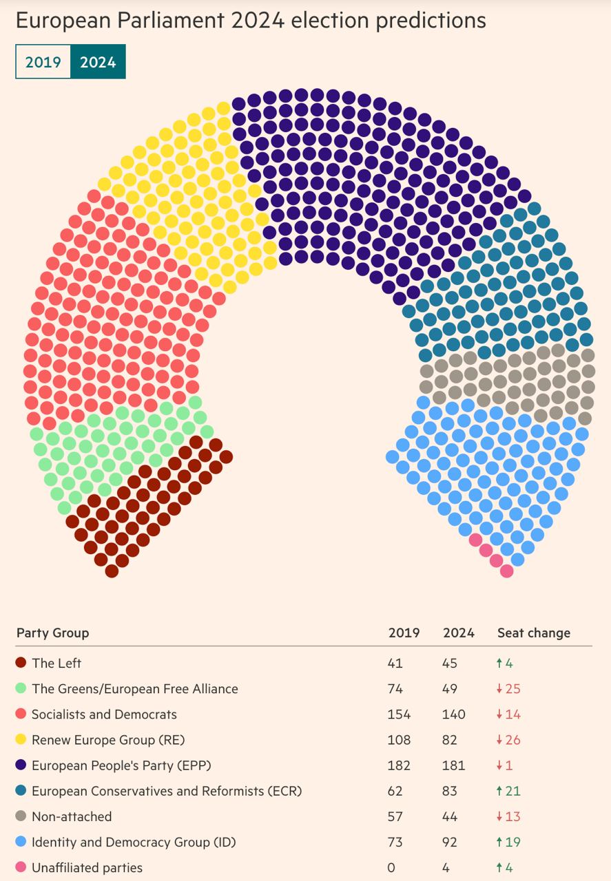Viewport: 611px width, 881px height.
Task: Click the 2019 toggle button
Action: pyautogui.click(x=43, y=62)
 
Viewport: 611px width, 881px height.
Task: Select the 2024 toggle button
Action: pyautogui.click(x=98, y=62)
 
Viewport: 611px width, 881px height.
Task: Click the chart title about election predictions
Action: pyautogui.click(x=251, y=21)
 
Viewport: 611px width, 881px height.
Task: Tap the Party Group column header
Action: pyautogui.click(x=52, y=633)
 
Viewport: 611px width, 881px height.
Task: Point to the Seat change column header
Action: pyautogui.click(x=534, y=633)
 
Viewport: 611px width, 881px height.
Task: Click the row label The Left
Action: pyautogui.click(x=56, y=663)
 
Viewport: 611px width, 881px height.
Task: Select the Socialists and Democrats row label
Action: pyautogui.click(x=104, y=714)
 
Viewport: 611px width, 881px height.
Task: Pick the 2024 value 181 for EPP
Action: pyautogui.click(x=454, y=765)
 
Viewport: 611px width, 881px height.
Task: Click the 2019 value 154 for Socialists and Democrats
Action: pyautogui.click(x=400, y=714)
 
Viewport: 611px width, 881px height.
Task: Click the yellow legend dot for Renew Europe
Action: pyautogui.click(x=21, y=740)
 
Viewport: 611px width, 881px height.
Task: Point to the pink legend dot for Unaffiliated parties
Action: pyautogui.click(x=21, y=867)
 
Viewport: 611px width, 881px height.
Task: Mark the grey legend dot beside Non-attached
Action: pyautogui.click(x=21, y=816)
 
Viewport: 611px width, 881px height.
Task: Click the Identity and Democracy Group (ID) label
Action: pyautogui.click(x=134, y=842)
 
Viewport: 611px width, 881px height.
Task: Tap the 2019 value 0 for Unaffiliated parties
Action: pyautogui.click(x=392, y=867)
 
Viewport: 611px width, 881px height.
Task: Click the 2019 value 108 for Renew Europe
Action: pyautogui.click(x=400, y=740)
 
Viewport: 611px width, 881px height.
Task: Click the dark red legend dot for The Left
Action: pyautogui.click(x=21, y=663)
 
